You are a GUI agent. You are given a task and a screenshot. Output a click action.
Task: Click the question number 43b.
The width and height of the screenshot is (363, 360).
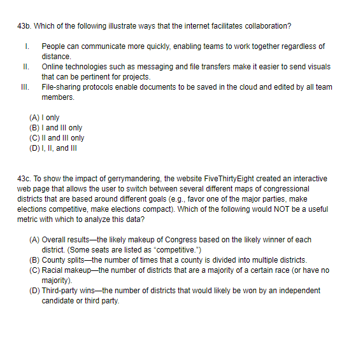coord(24,26)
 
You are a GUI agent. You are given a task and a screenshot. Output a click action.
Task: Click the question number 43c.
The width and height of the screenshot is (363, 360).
coord(24,179)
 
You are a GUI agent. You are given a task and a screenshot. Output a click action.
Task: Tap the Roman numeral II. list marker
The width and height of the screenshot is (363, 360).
coord(26,67)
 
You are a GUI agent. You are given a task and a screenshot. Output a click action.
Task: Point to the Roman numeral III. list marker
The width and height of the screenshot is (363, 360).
coord(27,87)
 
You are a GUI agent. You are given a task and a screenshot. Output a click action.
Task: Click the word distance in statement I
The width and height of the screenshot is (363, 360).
coord(56,57)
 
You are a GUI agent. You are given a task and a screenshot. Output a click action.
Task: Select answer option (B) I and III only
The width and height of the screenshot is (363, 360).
coord(56,128)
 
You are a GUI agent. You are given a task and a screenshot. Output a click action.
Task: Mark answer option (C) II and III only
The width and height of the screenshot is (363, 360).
coord(57,138)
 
